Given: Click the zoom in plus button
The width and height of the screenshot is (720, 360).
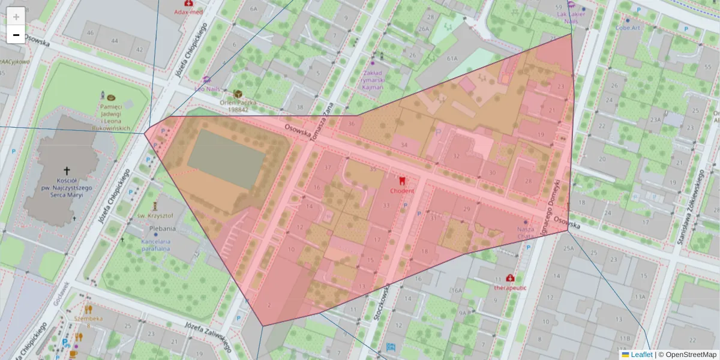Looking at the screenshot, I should (x=16, y=16).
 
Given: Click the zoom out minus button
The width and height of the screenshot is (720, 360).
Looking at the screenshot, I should (x=16, y=35).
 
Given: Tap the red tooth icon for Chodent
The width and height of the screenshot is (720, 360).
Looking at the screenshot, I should (x=403, y=180).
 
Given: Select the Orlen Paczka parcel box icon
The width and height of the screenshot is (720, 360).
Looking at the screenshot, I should (x=238, y=94).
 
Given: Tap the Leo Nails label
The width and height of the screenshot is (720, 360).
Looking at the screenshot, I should (x=208, y=88).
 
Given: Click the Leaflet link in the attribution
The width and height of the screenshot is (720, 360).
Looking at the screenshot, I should (x=641, y=355).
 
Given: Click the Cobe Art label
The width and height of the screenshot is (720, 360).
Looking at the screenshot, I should (x=628, y=28).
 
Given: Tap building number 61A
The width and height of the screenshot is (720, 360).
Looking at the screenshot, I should (x=452, y=58).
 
